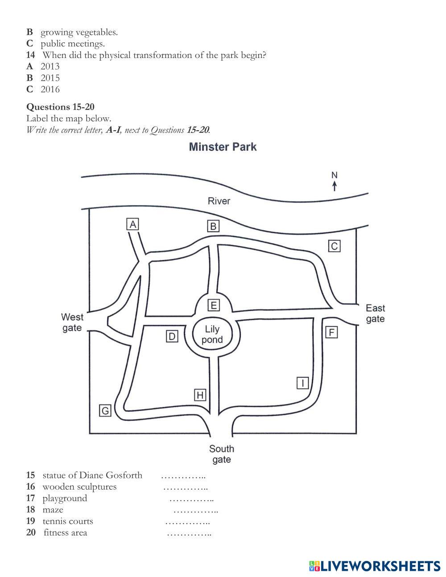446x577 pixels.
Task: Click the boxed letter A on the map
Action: pos(132,224)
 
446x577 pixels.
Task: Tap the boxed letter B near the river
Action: pos(213,226)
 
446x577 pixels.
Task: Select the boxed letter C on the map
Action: pos(334,246)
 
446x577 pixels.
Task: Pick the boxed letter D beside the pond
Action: pos(172,336)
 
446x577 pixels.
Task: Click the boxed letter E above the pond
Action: pos(214,305)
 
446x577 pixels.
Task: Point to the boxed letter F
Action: pos(331,332)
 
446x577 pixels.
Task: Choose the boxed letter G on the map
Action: pos(105,411)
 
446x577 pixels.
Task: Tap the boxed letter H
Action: pos(200,395)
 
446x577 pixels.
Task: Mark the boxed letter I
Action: pos(302,383)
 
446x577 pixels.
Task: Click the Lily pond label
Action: pos(212,334)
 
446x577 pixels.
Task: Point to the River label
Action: pos(219,201)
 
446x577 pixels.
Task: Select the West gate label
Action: pos(72,322)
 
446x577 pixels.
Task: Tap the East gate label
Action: pos(375,313)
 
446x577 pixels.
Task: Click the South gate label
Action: pos(222,454)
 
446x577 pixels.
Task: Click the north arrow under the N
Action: pos(334,186)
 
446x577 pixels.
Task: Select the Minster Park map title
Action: pos(223,147)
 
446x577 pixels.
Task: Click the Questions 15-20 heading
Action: pos(60,107)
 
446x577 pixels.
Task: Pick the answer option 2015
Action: pos(50,78)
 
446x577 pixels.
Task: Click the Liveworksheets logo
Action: pos(375,558)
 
